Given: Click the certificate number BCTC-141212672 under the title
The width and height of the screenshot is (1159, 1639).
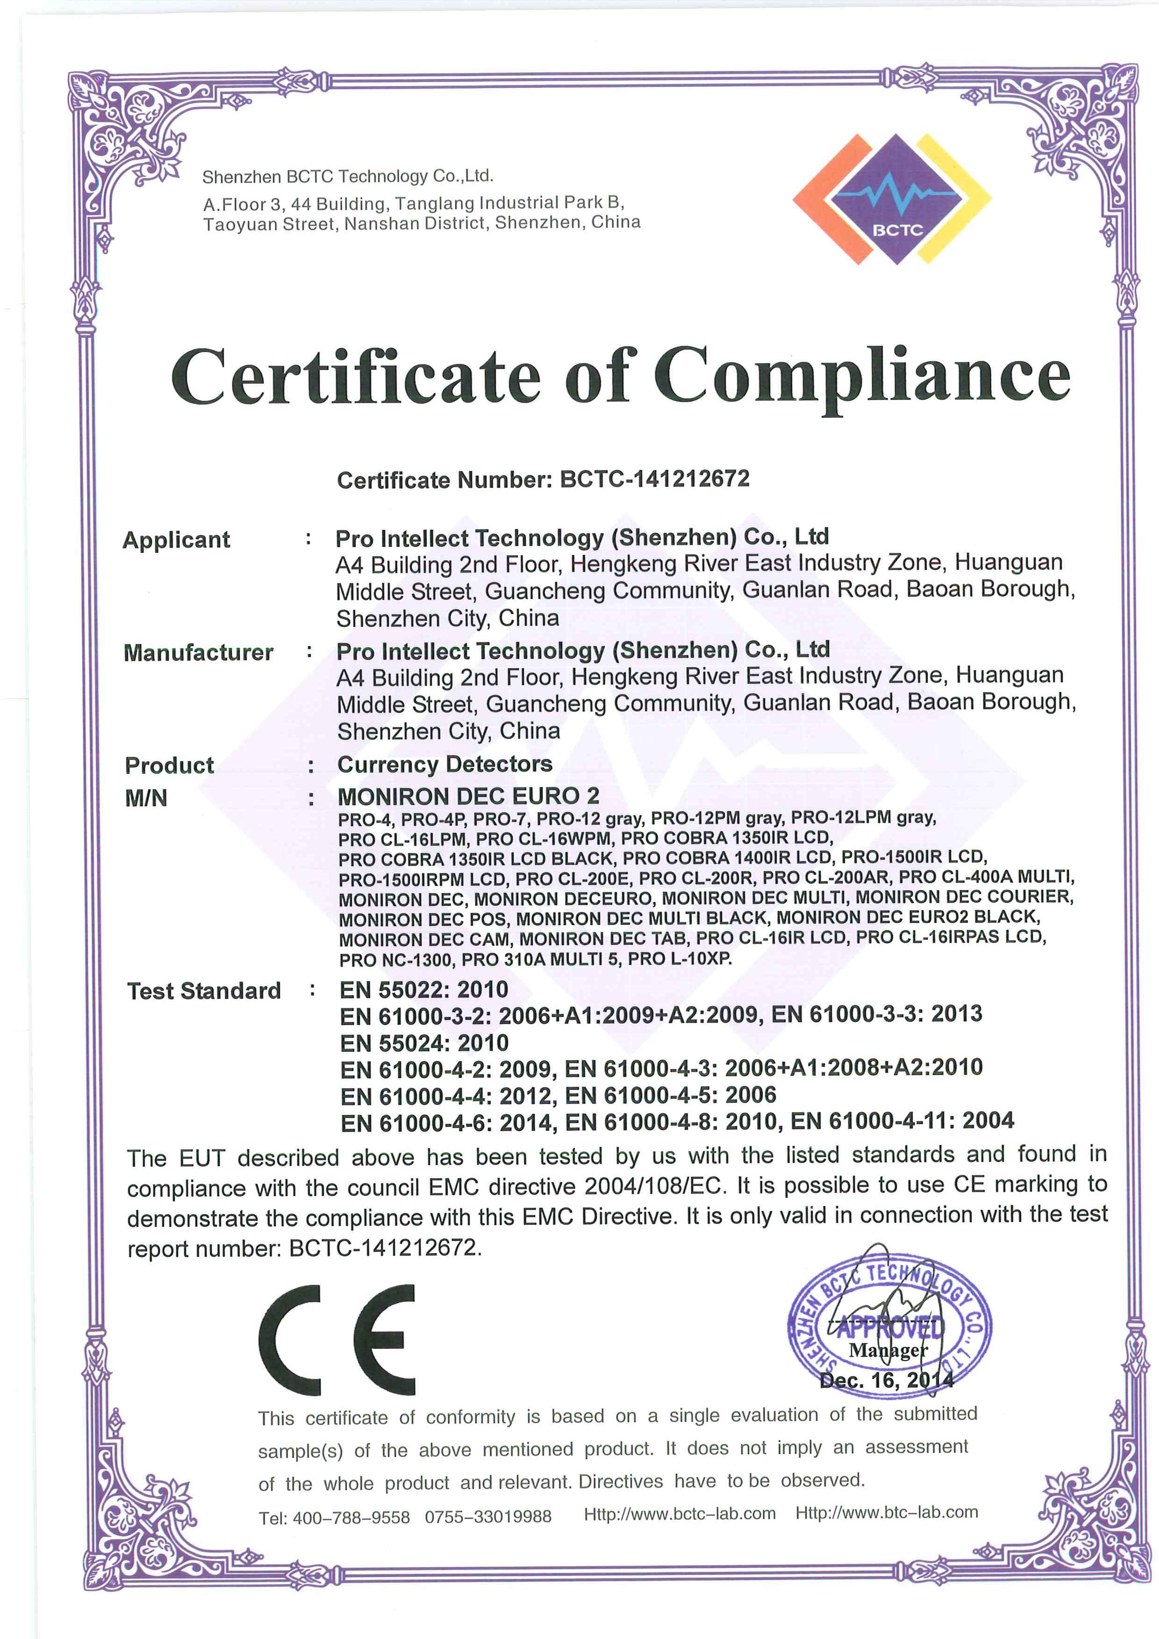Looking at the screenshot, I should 654,478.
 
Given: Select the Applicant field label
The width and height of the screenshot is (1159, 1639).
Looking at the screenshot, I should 176,540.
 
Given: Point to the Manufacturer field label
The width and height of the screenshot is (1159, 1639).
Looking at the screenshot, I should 199,652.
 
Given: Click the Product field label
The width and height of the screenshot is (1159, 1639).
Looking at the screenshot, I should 169,765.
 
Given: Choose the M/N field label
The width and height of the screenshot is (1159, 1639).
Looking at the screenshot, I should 146,798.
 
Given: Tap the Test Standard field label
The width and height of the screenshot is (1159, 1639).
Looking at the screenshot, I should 204,991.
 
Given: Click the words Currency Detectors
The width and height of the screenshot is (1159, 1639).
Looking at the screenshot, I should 445,764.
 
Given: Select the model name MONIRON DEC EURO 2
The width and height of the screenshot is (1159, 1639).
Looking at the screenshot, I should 468,796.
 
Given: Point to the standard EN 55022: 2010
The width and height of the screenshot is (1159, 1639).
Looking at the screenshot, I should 424,990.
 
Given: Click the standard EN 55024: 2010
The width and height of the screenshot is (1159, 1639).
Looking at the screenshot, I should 424,1043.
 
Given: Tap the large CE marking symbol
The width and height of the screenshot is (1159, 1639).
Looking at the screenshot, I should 337,1340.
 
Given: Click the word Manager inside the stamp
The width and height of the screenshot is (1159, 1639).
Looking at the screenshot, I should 887,1350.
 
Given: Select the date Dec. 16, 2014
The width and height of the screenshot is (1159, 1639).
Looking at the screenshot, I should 886,1381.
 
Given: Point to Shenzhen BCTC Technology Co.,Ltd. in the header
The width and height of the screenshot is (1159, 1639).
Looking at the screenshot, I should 348,176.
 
